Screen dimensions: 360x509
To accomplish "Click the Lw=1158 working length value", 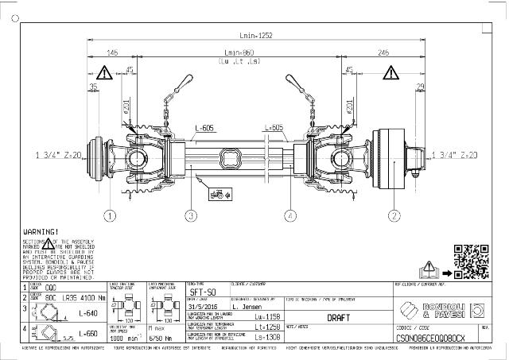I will point(268,316).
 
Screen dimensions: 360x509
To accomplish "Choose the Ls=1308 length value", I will point(268,337).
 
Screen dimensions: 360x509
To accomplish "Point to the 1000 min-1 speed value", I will point(120,337).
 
